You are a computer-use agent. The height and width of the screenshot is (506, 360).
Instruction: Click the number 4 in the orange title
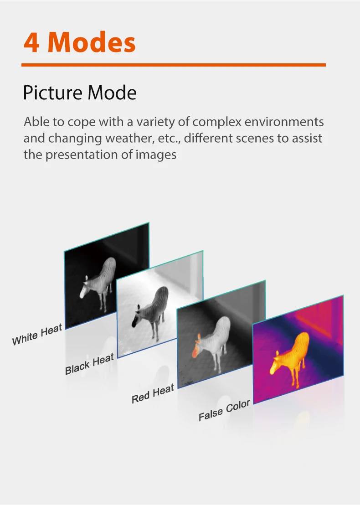point(32,42)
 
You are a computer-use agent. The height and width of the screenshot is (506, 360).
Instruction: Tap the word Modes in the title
point(92,42)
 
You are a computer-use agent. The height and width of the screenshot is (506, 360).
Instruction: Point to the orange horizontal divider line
point(174,65)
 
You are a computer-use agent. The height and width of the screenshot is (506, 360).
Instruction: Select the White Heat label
point(37,336)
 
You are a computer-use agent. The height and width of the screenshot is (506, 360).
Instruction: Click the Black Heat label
point(89,365)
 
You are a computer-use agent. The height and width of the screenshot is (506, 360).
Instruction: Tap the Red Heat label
point(153,394)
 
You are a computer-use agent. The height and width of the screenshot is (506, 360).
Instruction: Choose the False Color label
point(224,411)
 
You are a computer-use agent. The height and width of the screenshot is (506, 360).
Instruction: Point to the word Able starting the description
point(35,122)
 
